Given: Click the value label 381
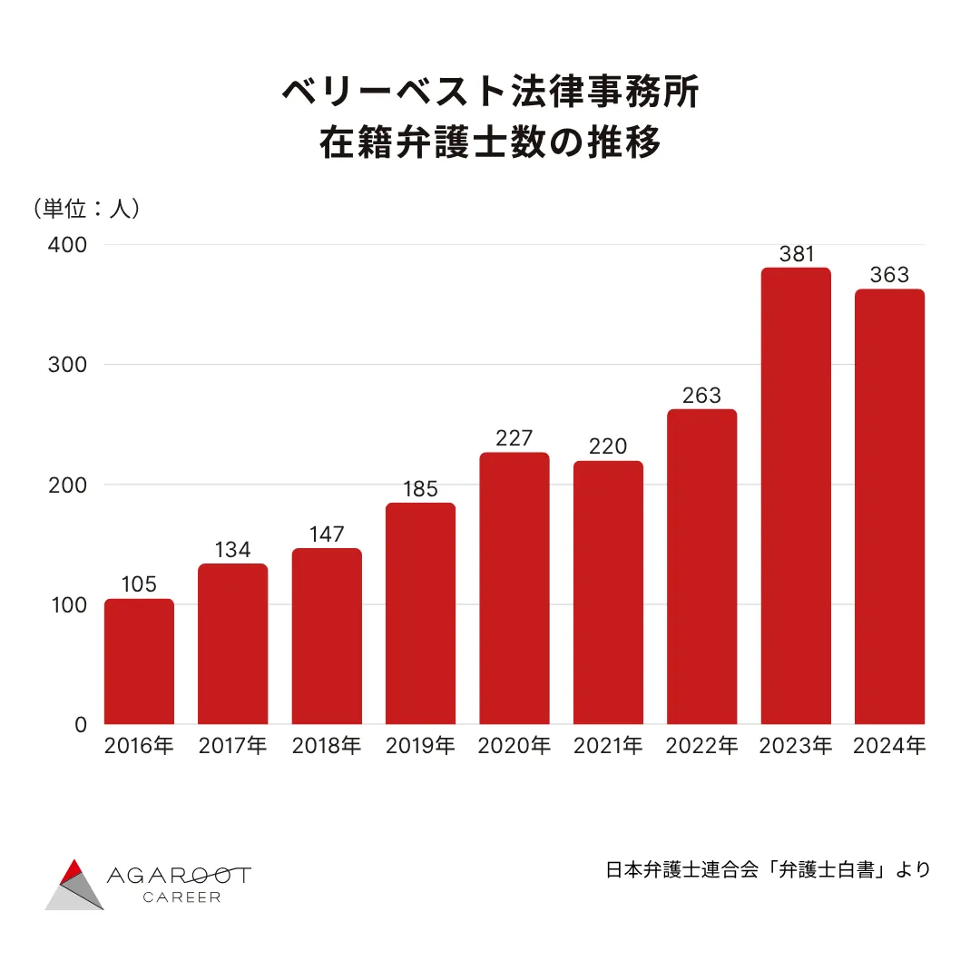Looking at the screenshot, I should (797, 254).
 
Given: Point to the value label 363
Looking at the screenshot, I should (889, 275).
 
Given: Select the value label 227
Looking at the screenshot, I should (514, 438).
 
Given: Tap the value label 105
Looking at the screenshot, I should (139, 584).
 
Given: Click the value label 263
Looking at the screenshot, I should (701, 396).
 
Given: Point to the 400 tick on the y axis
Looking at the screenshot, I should (68, 245).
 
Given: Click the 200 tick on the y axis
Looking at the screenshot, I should (68, 485).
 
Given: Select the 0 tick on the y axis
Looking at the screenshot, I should (80, 724).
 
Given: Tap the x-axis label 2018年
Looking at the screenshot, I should (327, 746).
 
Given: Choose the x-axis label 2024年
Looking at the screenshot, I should (889, 746).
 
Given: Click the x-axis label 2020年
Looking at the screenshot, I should (514, 746).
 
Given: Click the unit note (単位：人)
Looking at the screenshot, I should (86, 208).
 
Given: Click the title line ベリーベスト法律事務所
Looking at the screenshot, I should (490, 93).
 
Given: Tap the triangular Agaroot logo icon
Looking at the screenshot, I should (75, 884).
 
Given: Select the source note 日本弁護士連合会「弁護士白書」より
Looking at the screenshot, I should (768, 869).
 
